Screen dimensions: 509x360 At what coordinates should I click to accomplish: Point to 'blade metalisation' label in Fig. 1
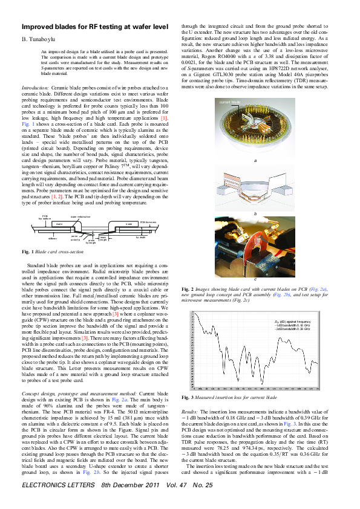(80, 216)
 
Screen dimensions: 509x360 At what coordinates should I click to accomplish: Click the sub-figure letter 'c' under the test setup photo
(255, 279)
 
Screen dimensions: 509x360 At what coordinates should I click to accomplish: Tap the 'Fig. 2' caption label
(188, 290)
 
